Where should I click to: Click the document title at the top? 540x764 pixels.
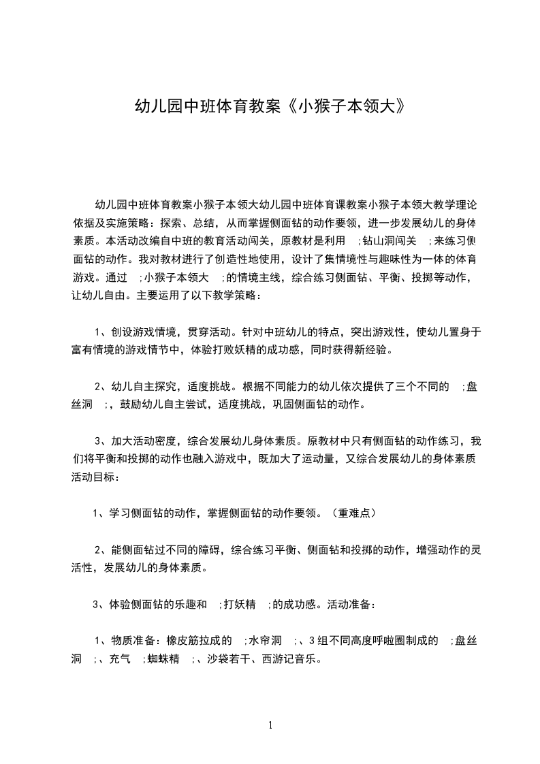(x=270, y=107)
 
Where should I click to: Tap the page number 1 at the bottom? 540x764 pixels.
(x=270, y=725)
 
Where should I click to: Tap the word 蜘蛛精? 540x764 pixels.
(x=163, y=659)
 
